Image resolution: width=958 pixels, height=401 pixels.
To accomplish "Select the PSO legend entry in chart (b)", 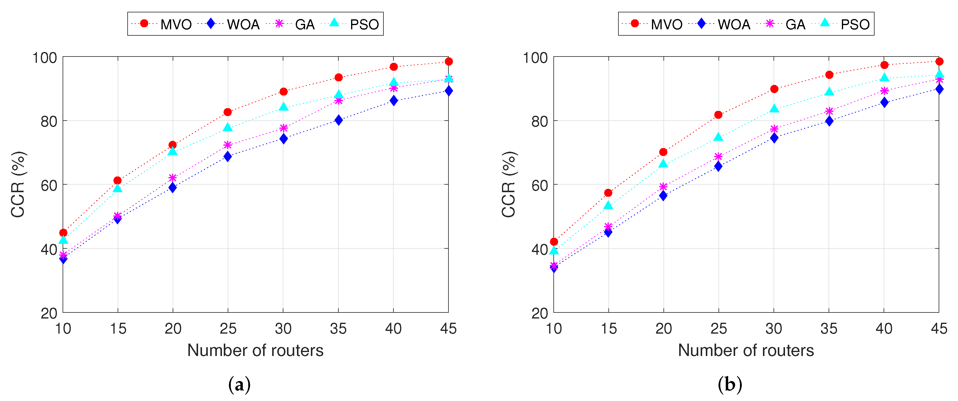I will coord(845,24).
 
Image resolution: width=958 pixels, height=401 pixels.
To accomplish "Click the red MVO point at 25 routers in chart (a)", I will coord(228,112).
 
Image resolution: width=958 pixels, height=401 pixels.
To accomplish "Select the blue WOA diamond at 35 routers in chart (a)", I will coord(338,120).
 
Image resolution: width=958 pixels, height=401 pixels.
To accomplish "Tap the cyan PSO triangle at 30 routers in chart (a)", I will coord(283,107).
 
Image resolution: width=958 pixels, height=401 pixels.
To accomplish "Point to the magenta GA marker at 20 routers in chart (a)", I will coord(173,178).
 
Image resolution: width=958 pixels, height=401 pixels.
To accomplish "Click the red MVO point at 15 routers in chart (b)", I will coord(608,193).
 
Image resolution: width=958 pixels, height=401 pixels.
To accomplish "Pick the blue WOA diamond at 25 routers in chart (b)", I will coord(718,167).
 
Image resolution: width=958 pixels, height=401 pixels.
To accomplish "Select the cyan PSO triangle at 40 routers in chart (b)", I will coord(884,78).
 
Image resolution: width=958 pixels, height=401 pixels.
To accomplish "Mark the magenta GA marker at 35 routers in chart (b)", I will coord(829,111).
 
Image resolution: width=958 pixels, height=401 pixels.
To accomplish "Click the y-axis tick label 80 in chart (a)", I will coord(49,121).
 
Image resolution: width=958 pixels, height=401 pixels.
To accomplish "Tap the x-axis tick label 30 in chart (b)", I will coord(774,328).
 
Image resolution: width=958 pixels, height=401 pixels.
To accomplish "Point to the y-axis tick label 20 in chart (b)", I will coord(539,313).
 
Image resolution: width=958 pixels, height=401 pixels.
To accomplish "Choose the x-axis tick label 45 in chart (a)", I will coord(448,328).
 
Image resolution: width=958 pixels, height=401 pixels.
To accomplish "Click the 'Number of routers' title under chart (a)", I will coord(255,350).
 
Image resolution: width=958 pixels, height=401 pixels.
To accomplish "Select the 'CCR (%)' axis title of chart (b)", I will coord(508,184).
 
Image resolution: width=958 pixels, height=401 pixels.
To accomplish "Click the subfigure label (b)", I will coord(730,384).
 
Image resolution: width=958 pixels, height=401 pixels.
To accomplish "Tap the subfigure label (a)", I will coord(239,384).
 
